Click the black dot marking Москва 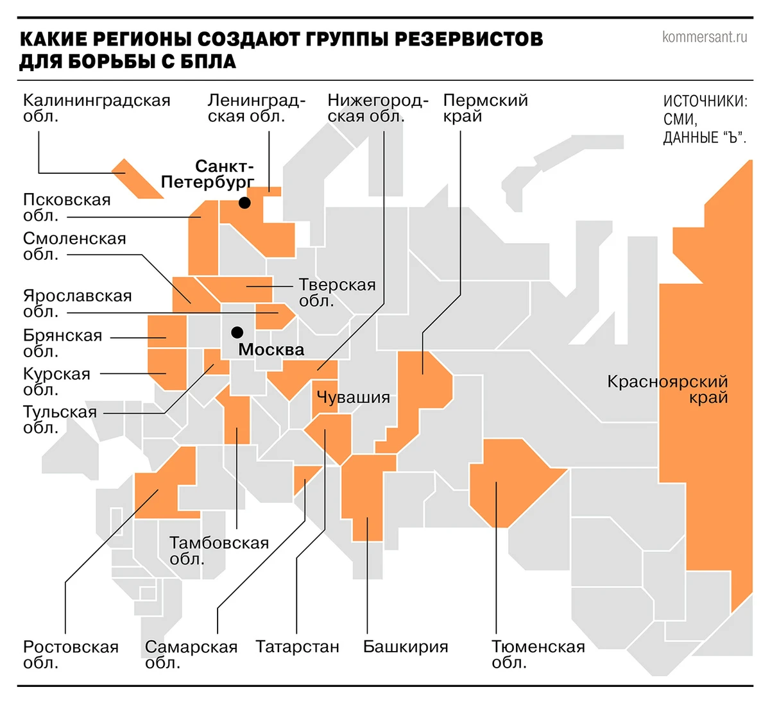(237, 332)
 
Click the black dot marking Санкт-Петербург (244, 203)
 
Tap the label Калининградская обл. (96, 108)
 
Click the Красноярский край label (667, 389)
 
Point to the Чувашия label (354, 398)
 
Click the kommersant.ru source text (704, 37)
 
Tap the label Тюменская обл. (538, 654)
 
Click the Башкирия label (406, 647)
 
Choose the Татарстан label (297, 647)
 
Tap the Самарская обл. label (191, 654)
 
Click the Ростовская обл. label (71, 654)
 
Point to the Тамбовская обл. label (219, 550)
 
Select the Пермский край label (485, 108)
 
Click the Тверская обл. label (337, 292)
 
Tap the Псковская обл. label (67, 207)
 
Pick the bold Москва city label (271, 350)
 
